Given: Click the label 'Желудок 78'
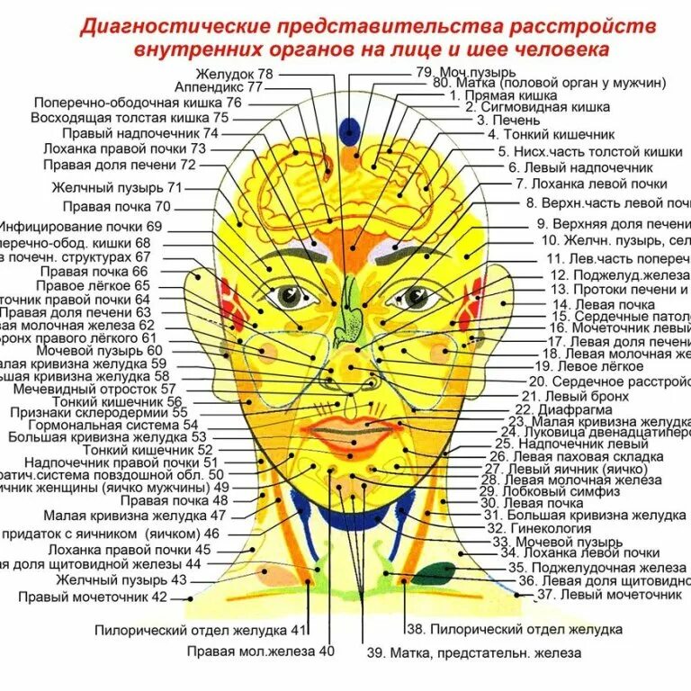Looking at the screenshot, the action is click(x=239, y=74).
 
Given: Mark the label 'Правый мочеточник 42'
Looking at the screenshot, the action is click(x=94, y=597).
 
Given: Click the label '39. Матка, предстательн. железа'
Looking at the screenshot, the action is click(x=473, y=653).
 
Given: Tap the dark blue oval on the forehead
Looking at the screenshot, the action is click(x=349, y=132).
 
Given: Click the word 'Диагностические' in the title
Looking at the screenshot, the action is click(x=170, y=25).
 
